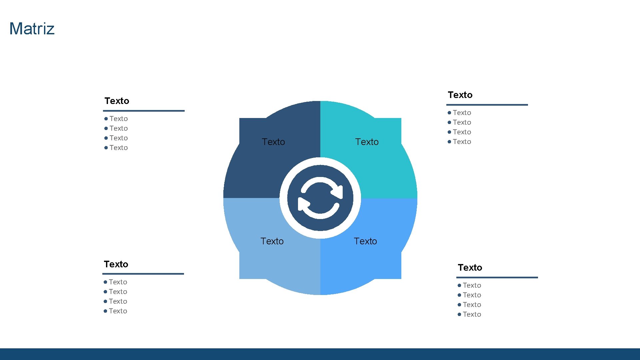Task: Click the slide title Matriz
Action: pyautogui.click(x=32, y=29)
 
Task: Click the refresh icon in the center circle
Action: pyautogui.click(x=320, y=198)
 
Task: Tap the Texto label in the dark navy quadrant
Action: pyautogui.click(x=273, y=142)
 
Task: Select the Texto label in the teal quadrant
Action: pyautogui.click(x=367, y=142)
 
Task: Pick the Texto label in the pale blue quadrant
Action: pyautogui.click(x=272, y=241)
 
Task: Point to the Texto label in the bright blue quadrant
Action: pyautogui.click(x=365, y=241)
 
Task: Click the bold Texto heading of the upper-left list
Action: pyautogui.click(x=117, y=101)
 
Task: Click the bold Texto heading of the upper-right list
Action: pyautogui.click(x=460, y=95)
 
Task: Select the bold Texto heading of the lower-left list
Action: pyautogui.click(x=116, y=264)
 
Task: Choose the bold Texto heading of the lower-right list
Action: pyautogui.click(x=470, y=268)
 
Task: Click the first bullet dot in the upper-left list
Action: pyautogui.click(x=106, y=119)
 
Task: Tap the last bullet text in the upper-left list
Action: pyautogui.click(x=119, y=148)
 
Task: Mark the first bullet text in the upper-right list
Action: pyautogui.click(x=462, y=113)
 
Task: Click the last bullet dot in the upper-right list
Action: pyautogui.click(x=449, y=142)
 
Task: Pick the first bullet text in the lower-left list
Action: pyautogui.click(x=118, y=282)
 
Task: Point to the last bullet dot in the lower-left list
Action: pyautogui.click(x=105, y=311)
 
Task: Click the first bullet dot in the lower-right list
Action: pyautogui.click(x=459, y=285)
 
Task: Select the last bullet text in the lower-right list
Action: pyautogui.click(x=472, y=314)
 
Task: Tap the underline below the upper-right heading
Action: pyautogui.click(x=487, y=105)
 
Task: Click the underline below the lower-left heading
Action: pyautogui.click(x=143, y=274)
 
